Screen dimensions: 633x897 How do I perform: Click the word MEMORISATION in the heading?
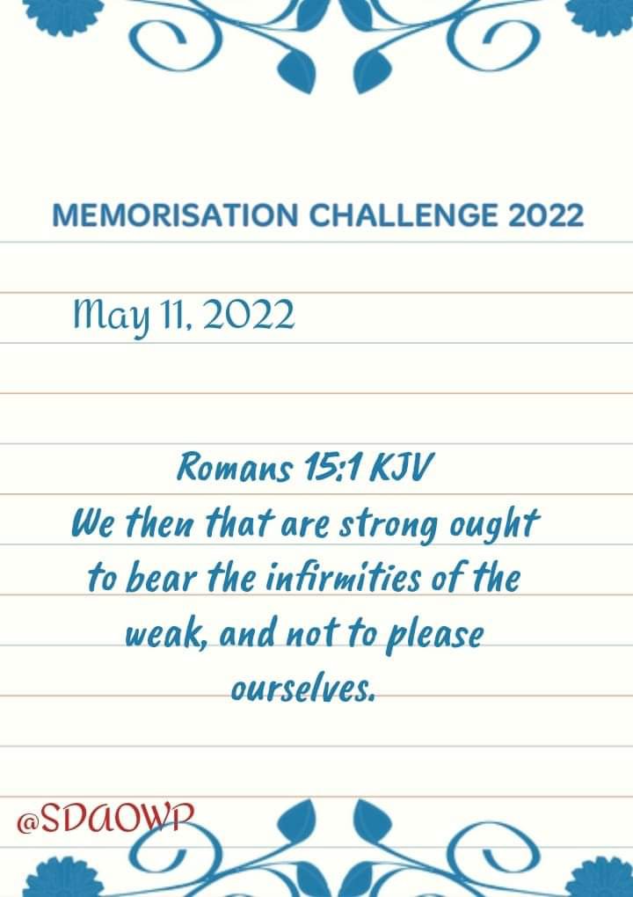(x=175, y=215)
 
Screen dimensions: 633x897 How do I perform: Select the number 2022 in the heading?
(x=545, y=215)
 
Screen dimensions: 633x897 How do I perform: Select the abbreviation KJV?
(x=400, y=468)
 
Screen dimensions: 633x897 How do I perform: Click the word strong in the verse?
(x=389, y=526)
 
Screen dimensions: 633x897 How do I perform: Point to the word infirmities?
(x=344, y=579)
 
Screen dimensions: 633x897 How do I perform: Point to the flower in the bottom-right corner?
(x=604, y=879)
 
